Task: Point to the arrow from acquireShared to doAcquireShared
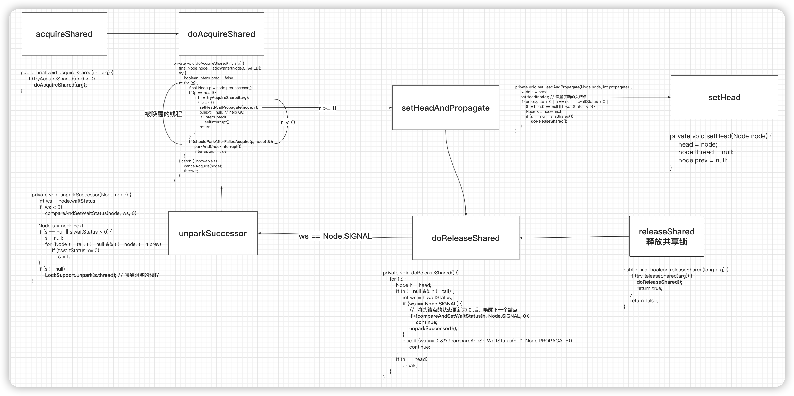pos(143,33)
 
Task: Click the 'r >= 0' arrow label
pos(327,108)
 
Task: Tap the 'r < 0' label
pos(288,122)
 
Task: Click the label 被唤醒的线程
pos(163,114)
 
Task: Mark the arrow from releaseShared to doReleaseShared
pos(574,237)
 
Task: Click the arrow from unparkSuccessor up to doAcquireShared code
pos(222,199)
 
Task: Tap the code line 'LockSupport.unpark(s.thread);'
pos(81,275)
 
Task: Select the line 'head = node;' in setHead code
pos(698,144)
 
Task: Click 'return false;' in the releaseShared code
pos(644,300)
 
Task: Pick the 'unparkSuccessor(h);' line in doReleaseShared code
pos(433,328)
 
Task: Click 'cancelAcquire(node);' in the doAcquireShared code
pos(203,166)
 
